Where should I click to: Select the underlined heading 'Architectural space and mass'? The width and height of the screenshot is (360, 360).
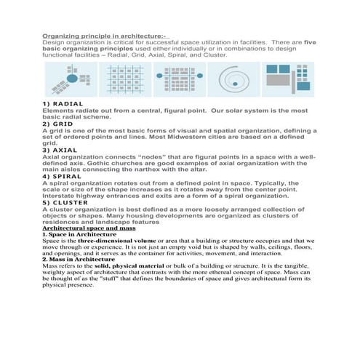click(x=89, y=228)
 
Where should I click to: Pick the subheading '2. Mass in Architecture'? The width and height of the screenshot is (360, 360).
click(x=79, y=259)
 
